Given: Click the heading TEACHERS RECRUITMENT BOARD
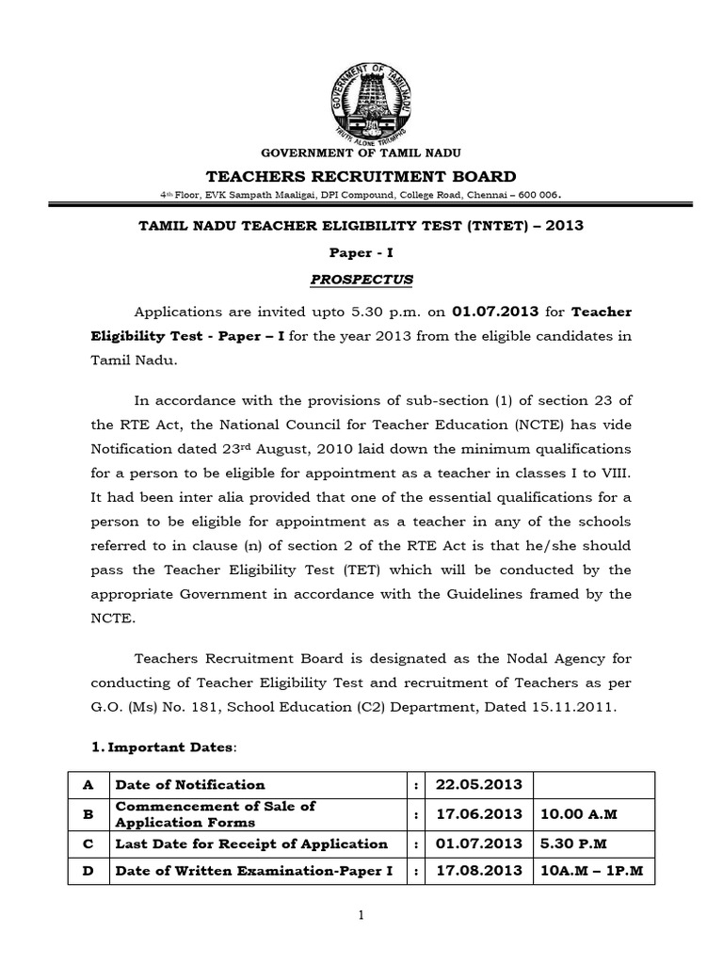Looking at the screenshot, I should pyautogui.click(x=361, y=176).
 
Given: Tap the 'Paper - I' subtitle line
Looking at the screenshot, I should pyautogui.click(x=361, y=253).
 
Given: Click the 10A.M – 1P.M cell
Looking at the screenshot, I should pyautogui.click(x=591, y=872).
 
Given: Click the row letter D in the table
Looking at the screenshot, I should pyautogui.click(x=88, y=872).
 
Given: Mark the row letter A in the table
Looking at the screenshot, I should pyautogui.click(x=88, y=784).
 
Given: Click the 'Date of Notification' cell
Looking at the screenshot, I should pyautogui.click(x=189, y=784).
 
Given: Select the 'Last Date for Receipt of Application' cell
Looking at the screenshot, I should pyautogui.click(x=250, y=843).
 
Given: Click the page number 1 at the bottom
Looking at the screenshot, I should pyautogui.click(x=361, y=916).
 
